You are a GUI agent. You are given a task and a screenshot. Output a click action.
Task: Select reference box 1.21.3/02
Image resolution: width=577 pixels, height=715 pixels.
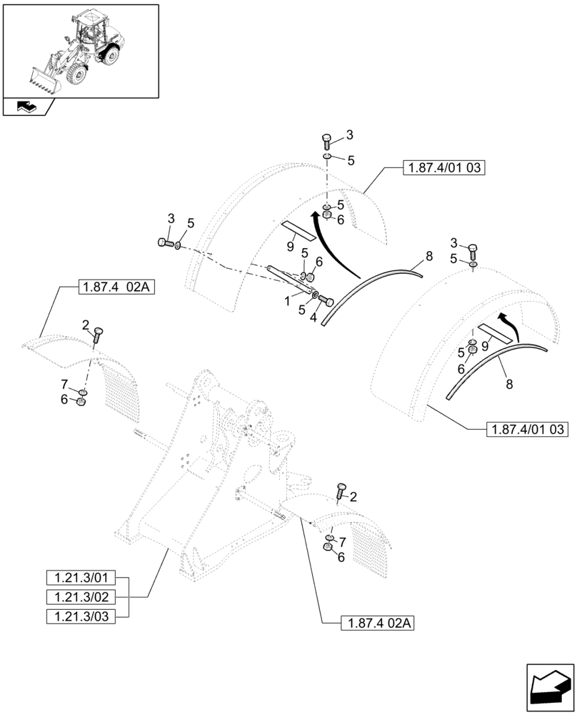pos(86,596)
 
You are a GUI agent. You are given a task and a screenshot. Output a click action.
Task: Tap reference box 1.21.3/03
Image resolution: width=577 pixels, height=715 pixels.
pos(86,615)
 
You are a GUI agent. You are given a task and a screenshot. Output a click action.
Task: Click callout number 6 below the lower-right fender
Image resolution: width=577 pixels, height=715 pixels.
pos(341,557)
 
